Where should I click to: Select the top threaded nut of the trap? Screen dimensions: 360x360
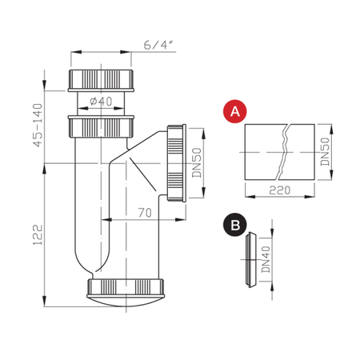pos(103,80)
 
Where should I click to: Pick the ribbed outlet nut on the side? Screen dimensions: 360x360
pos(177,162)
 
